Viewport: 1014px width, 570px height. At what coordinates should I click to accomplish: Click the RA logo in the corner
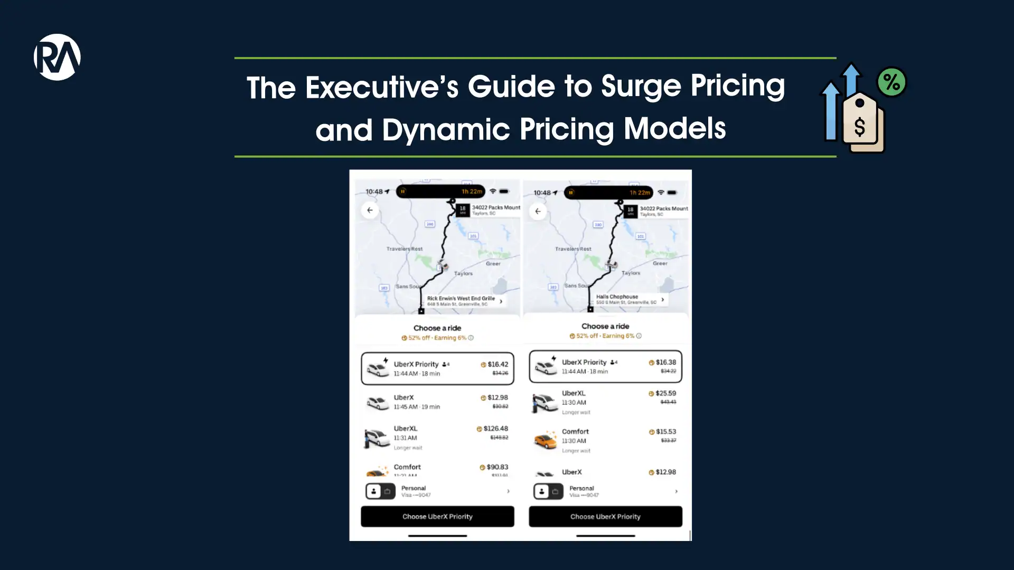(57, 57)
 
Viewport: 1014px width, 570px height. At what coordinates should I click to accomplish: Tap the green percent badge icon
(891, 82)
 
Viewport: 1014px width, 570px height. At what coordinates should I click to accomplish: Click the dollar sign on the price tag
(860, 127)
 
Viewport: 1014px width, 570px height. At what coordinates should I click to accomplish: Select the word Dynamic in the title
(446, 130)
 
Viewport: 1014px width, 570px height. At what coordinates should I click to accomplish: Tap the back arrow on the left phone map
(370, 210)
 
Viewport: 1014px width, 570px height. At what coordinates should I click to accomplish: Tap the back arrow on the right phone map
(538, 211)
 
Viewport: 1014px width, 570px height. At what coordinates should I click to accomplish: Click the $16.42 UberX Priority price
(497, 364)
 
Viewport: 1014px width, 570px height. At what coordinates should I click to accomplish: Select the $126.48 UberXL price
(495, 429)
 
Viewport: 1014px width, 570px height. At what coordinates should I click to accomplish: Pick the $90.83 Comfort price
(497, 467)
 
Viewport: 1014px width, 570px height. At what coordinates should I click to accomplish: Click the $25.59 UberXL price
(665, 393)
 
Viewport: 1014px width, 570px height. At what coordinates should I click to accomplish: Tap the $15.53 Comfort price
(665, 432)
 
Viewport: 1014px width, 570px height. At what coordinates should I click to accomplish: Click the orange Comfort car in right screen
(546, 440)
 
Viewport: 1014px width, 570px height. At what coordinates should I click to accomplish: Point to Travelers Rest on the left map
(404, 249)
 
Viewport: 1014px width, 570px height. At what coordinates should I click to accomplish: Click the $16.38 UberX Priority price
(665, 362)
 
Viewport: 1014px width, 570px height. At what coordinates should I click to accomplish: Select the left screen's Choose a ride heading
(437, 328)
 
